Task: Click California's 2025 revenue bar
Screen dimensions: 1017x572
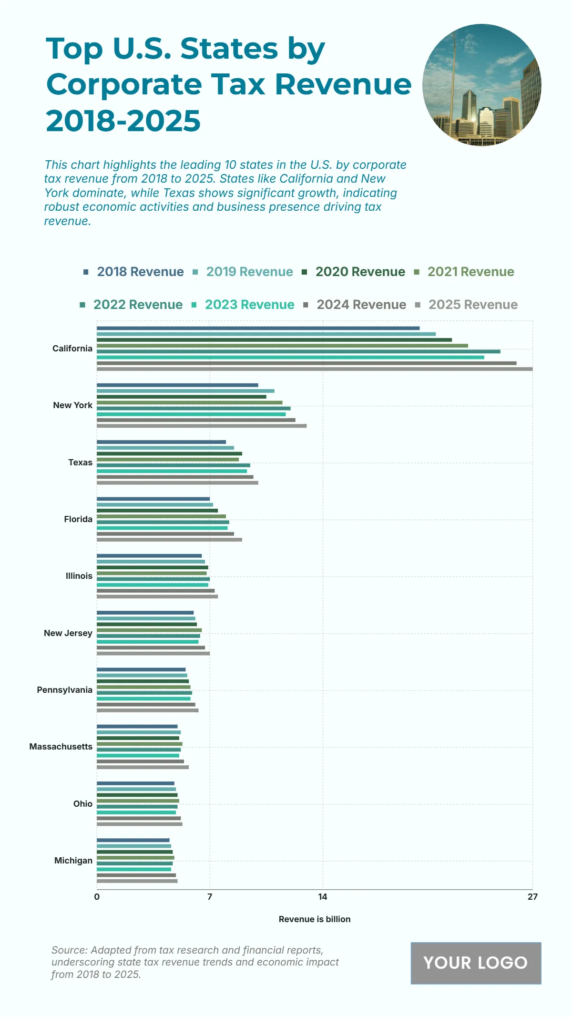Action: click(315, 369)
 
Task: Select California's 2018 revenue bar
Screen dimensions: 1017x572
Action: click(258, 328)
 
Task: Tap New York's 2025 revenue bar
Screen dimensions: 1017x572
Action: click(202, 426)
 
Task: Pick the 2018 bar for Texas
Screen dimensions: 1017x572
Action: click(161, 442)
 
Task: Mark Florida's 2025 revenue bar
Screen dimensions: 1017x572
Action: click(169, 540)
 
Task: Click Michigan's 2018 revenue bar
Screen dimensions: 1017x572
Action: click(133, 840)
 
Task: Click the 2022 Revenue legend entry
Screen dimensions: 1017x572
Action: click(138, 305)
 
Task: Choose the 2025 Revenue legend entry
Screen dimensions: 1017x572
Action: click(472, 305)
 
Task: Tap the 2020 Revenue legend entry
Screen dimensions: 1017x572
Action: click(360, 272)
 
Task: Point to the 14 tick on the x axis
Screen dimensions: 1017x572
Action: click(323, 897)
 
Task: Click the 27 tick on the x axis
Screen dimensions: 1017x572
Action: click(532, 897)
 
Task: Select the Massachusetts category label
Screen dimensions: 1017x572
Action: click(61, 747)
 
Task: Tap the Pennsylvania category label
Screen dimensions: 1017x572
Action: click(65, 690)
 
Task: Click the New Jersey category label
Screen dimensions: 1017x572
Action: click(68, 633)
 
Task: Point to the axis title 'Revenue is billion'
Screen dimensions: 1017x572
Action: click(315, 919)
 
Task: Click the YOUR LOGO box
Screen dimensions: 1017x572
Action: click(476, 963)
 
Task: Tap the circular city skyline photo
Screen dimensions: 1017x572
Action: click(481, 85)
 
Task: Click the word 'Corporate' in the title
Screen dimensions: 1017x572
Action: click(124, 85)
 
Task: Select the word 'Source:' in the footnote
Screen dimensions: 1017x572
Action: click(69, 950)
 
